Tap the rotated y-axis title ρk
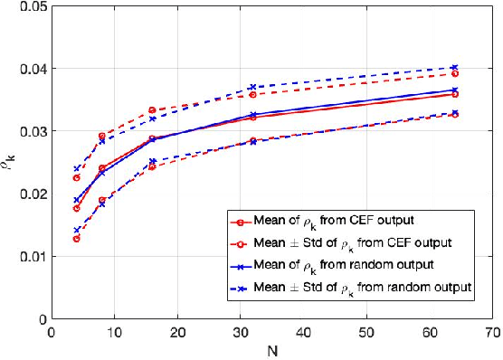[x=11, y=164]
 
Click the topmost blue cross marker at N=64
[x=454, y=68]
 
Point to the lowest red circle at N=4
[x=77, y=239]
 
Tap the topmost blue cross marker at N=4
[x=77, y=169]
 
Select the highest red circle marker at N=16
[x=152, y=110]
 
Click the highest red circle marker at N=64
[x=454, y=74]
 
